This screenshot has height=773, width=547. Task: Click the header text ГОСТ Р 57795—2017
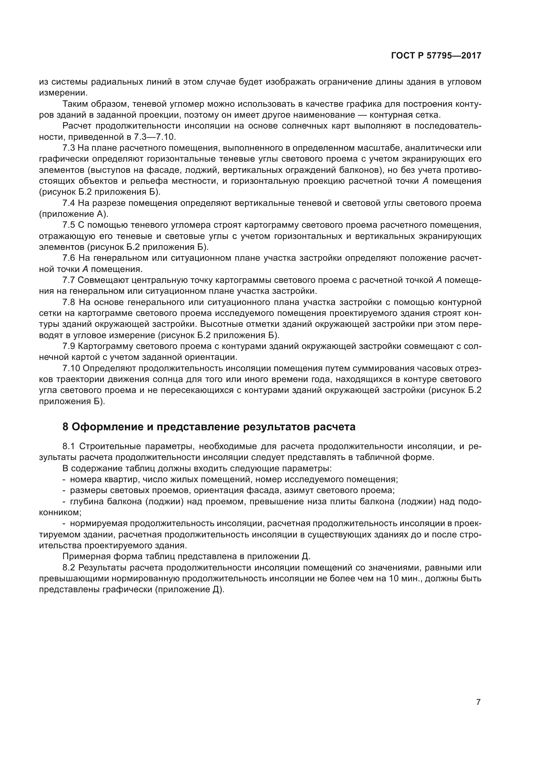pos(436,56)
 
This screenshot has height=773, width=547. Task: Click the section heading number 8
pos(65,427)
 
